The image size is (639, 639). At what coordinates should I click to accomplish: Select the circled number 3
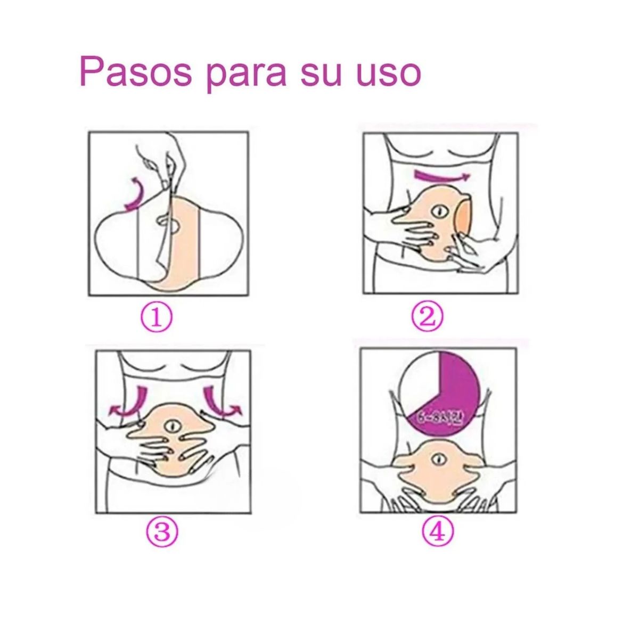162,531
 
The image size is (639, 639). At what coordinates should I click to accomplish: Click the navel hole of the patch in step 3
171,427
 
